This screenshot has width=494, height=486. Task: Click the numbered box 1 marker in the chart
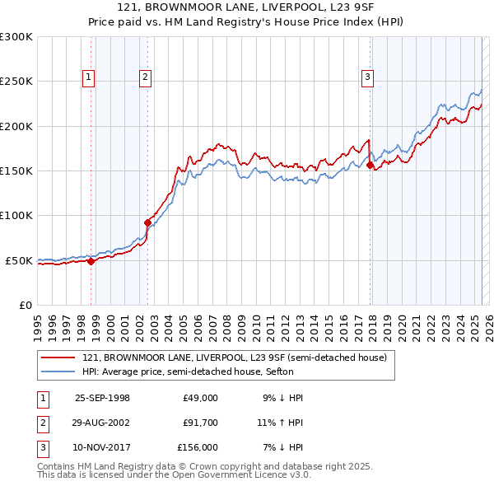pyautogui.click(x=88, y=78)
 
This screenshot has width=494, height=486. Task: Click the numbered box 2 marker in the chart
pyautogui.click(x=145, y=78)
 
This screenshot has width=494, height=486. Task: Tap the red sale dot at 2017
pyautogui.click(x=370, y=166)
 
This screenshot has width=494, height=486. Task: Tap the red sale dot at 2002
pyautogui.click(x=148, y=222)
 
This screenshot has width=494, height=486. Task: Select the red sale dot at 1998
pyautogui.click(x=91, y=261)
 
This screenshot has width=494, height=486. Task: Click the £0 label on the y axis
pyautogui.click(x=25, y=305)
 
